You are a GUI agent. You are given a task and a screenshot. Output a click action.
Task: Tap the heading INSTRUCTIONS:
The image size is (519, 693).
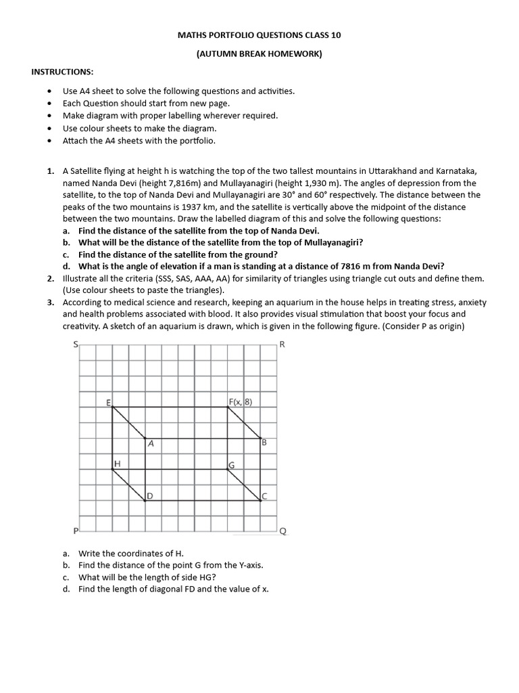[x=63, y=72]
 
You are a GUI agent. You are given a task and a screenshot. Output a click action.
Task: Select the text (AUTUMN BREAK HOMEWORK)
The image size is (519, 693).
[x=259, y=54]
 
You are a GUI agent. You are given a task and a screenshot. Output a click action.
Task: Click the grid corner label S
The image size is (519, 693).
[x=75, y=344]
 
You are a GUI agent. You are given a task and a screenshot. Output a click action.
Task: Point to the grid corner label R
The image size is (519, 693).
[x=282, y=344]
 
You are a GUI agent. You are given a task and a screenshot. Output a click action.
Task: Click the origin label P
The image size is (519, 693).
[x=75, y=530]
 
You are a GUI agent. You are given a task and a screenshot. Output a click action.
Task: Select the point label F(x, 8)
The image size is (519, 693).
[x=240, y=402]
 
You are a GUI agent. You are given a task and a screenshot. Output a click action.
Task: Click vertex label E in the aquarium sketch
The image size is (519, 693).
[x=109, y=403]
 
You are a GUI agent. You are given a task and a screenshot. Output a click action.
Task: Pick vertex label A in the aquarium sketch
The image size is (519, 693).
[x=151, y=445]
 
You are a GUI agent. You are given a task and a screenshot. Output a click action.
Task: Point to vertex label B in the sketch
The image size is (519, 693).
[x=264, y=443]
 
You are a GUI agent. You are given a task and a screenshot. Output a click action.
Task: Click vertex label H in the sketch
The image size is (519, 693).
[x=117, y=464]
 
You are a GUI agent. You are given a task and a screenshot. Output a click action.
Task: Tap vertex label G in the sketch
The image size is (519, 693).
[x=231, y=465]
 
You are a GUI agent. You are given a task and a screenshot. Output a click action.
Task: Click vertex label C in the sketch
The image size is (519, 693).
[x=264, y=496]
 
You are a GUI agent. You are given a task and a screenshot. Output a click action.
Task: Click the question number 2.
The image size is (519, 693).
[x=51, y=279]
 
